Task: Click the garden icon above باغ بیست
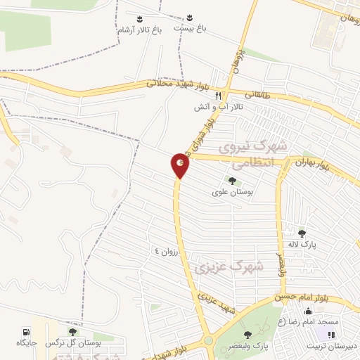click(x=191, y=18)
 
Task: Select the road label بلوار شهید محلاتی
click(x=172, y=83)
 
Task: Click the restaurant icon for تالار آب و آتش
click(x=219, y=96)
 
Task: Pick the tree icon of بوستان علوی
click(x=232, y=181)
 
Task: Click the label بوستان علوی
click(x=232, y=191)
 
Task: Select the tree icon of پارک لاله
click(x=302, y=233)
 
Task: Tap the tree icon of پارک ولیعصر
click(x=246, y=334)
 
